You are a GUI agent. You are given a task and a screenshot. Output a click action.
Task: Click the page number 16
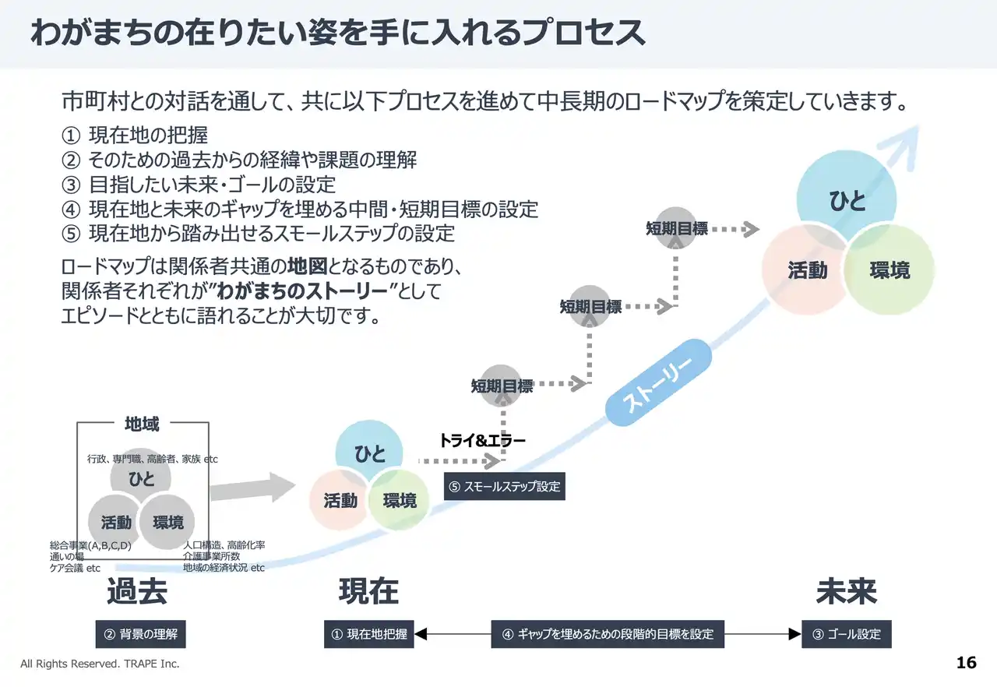coord(966,663)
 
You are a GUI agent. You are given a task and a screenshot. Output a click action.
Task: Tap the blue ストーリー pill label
coord(659,382)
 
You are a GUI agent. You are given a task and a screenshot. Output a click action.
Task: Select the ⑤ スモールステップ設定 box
coord(504,487)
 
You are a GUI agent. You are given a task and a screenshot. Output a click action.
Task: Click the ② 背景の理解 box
coord(141,634)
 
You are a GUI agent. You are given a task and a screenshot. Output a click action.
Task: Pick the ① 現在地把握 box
coord(369,634)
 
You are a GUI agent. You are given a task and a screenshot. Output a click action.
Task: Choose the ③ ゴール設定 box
coord(847,634)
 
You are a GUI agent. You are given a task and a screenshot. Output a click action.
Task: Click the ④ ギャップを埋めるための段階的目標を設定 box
coord(608,634)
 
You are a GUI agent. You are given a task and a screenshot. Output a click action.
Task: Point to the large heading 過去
coord(137,592)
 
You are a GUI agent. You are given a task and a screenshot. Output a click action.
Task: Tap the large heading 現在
coord(368,592)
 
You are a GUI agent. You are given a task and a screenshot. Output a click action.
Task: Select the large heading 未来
coord(846,592)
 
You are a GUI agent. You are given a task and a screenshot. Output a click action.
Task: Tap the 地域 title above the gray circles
coord(142,425)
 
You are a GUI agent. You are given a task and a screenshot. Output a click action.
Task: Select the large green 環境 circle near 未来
coord(890,270)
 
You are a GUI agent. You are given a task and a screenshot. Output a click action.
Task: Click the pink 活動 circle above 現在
coord(340,501)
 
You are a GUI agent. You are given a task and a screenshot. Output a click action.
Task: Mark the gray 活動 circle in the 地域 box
coord(116,523)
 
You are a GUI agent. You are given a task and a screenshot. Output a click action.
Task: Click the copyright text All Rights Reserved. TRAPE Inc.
coord(100,664)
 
